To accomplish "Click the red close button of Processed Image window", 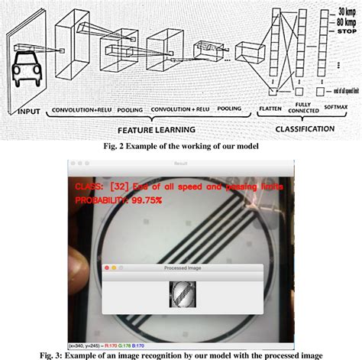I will pyautogui.click(x=107, y=268).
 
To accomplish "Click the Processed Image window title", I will pyautogui.click(x=182, y=268).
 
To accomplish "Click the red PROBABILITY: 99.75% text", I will pyautogui.click(x=120, y=200).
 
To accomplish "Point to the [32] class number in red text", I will pyautogui.click(x=121, y=186).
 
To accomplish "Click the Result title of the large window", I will pyautogui.click(x=181, y=164).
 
